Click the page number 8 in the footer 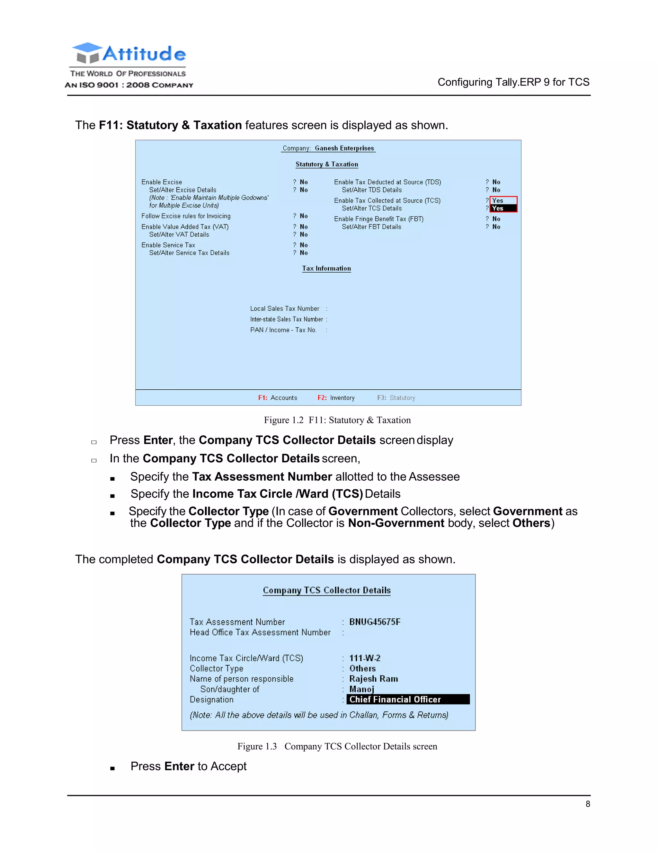(x=587, y=804)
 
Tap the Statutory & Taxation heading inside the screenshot (x=327, y=164)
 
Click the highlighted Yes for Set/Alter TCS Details (x=503, y=208)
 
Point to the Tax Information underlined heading (x=326, y=268)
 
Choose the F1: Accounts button (x=278, y=397)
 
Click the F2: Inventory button (x=336, y=397)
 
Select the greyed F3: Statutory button (x=396, y=397)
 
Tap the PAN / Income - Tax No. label (x=283, y=330)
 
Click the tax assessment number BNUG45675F (x=375, y=622)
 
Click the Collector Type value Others (x=362, y=669)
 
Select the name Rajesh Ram (x=373, y=679)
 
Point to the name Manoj (x=362, y=689)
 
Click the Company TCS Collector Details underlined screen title (x=327, y=590)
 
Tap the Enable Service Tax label (x=168, y=245)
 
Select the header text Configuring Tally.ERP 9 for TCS (x=513, y=82)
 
